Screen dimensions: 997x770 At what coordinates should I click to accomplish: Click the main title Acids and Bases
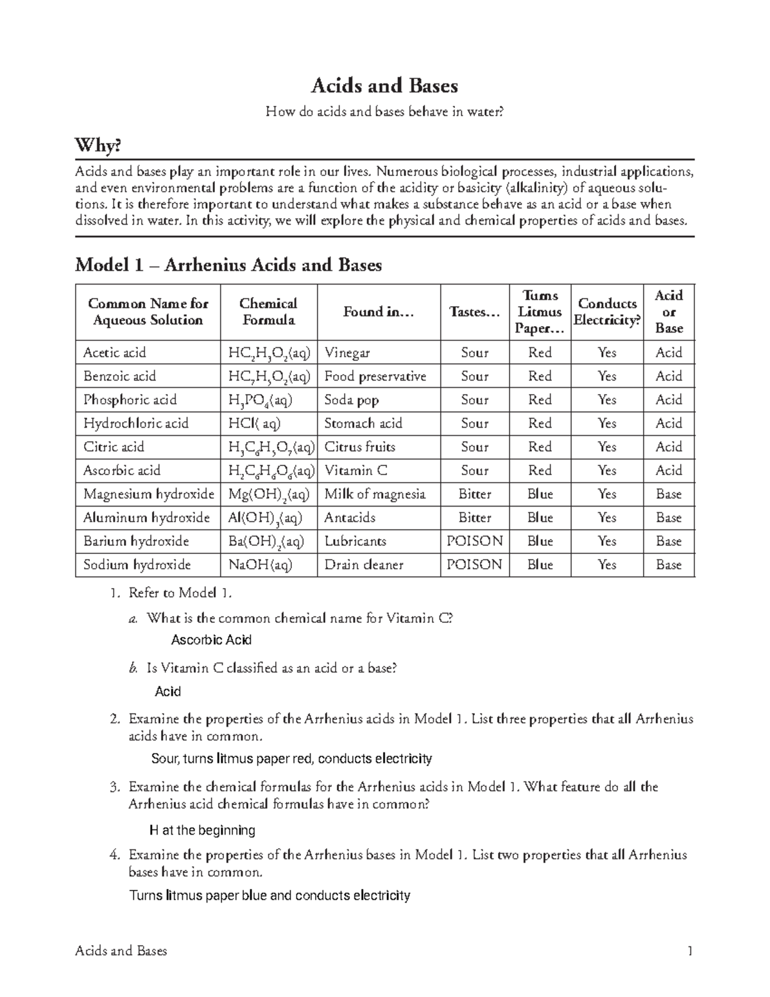(x=384, y=85)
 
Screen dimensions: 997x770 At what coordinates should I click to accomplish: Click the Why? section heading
(x=98, y=146)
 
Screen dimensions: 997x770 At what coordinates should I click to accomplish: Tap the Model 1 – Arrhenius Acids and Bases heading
(x=228, y=264)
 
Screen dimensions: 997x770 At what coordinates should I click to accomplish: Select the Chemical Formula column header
(x=268, y=312)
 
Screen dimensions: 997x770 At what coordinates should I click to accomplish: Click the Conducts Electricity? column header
(x=607, y=312)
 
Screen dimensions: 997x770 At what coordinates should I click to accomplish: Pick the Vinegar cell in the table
(x=347, y=352)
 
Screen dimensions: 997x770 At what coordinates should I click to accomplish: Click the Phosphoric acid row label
(x=130, y=400)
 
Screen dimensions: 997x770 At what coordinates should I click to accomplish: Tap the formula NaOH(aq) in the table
(x=261, y=565)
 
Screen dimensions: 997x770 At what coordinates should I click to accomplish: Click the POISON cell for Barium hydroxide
(x=475, y=541)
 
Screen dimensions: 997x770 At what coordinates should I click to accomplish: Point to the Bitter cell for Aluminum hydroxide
(x=475, y=517)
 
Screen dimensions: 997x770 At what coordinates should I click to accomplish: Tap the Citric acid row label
(x=114, y=447)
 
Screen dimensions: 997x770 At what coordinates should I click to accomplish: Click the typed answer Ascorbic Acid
(x=211, y=640)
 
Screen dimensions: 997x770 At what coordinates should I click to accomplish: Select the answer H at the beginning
(x=202, y=830)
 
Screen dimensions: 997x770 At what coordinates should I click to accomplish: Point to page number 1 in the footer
(x=690, y=951)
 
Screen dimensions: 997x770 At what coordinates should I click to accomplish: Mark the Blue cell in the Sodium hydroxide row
(x=540, y=565)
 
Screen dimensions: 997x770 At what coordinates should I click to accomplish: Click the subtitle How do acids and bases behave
(x=385, y=112)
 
